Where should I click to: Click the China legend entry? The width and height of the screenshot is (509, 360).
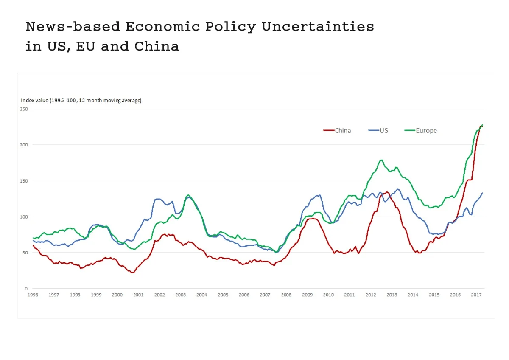coord(343,131)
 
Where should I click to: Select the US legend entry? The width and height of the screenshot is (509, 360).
coord(383,131)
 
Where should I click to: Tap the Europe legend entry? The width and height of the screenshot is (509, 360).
coord(426,131)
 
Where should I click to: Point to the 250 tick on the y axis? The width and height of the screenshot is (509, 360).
coord(24,109)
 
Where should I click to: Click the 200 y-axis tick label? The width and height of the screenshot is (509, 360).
coord(24,145)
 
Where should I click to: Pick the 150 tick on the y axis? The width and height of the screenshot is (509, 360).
coord(24,181)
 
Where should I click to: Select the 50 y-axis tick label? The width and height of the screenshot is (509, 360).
coord(25,253)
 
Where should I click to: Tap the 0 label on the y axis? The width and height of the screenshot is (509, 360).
coord(26,289)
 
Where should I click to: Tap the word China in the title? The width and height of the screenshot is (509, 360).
coord(157,46)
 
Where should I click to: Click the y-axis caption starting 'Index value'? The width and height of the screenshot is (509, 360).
coord(81,101)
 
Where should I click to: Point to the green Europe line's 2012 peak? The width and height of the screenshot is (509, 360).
coord(381,160)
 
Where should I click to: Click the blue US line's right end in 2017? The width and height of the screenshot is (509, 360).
coord(482,193)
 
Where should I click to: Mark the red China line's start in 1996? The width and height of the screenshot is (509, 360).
coord(33,245)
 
